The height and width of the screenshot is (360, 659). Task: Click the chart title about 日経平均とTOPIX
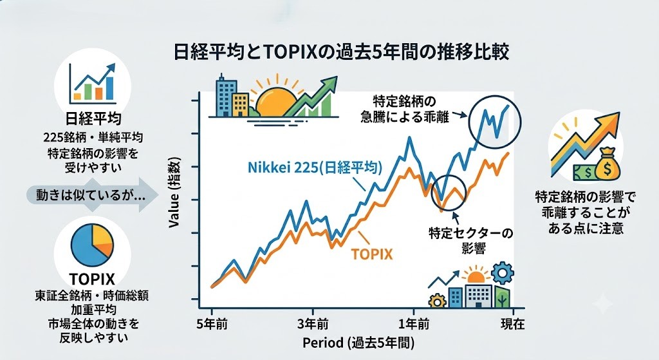point(341,53)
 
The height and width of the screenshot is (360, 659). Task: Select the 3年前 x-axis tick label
point(313,324)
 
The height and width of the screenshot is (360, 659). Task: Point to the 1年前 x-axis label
point(414,324)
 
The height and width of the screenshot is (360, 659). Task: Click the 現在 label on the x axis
point(513,324)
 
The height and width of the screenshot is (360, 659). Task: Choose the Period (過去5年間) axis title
point(358,343)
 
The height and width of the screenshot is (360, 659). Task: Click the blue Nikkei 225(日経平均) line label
point(315,168)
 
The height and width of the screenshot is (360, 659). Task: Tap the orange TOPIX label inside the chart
point(371,254)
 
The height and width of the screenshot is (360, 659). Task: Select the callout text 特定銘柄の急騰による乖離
point(405,109)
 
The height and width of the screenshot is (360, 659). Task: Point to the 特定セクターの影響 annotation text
point(470,241)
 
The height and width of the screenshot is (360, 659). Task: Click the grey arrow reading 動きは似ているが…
point(91,195)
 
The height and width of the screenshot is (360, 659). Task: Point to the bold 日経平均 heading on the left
point(93,118)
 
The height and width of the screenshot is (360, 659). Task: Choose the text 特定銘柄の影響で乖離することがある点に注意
point(586,213)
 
